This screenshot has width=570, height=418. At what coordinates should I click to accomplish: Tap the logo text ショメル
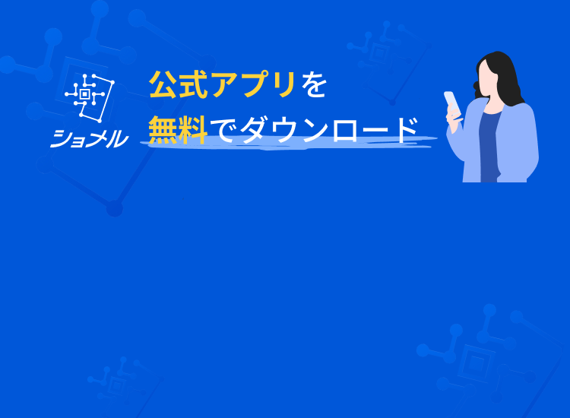tap(90, 138)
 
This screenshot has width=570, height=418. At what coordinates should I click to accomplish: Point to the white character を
tap(312, 85)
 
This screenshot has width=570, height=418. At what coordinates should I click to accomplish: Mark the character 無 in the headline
tap(163, 129)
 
